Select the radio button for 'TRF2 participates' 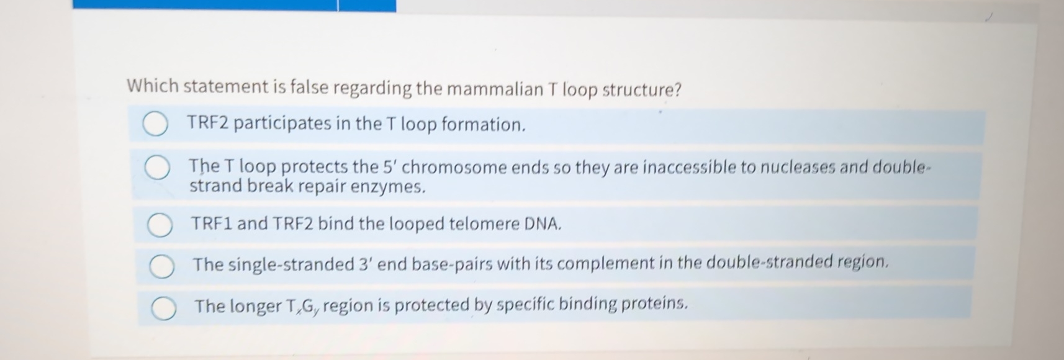155,125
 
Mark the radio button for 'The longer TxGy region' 163,308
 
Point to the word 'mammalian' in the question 494,89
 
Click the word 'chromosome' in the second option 455,168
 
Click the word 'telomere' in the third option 484,223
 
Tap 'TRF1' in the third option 211,223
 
